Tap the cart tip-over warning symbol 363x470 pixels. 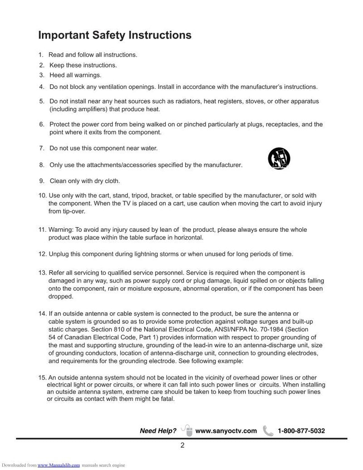[x=279, y=159]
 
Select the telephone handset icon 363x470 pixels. [x=268, y=431]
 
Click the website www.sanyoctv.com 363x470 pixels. [x=226, y=431]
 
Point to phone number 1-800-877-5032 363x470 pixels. [x=301, y=431]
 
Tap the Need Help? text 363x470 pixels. [x=158, y=431]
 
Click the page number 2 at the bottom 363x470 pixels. [x=182, y=445]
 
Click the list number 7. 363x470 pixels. [x=41, y=148]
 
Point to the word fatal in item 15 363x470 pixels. [x=166, y=399]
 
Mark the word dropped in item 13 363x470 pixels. [x=61, y=296]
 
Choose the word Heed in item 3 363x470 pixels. [x=57, y=75]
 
